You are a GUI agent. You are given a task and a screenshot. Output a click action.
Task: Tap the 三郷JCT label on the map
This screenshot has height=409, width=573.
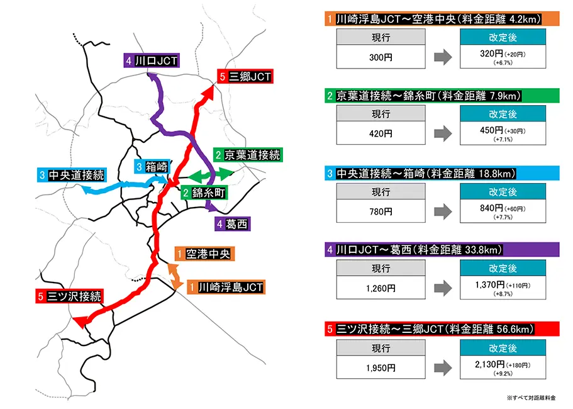click(245, 77)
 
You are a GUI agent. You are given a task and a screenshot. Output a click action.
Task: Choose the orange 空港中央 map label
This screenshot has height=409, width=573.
click(204, 254)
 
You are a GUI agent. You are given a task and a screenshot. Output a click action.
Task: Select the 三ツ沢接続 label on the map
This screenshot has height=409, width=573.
click(70, 296)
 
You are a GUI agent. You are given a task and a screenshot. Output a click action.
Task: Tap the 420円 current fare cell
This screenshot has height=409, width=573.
click(381, 133)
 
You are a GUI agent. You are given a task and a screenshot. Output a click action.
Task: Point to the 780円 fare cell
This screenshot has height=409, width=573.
click(381, 211)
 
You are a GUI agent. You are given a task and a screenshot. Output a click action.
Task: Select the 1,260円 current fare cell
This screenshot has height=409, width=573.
click(381, 288)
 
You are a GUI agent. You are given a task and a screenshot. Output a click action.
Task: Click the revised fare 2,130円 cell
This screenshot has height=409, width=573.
click(502, 366)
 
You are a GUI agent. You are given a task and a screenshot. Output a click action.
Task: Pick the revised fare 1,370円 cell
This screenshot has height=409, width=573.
click(502, 288)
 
